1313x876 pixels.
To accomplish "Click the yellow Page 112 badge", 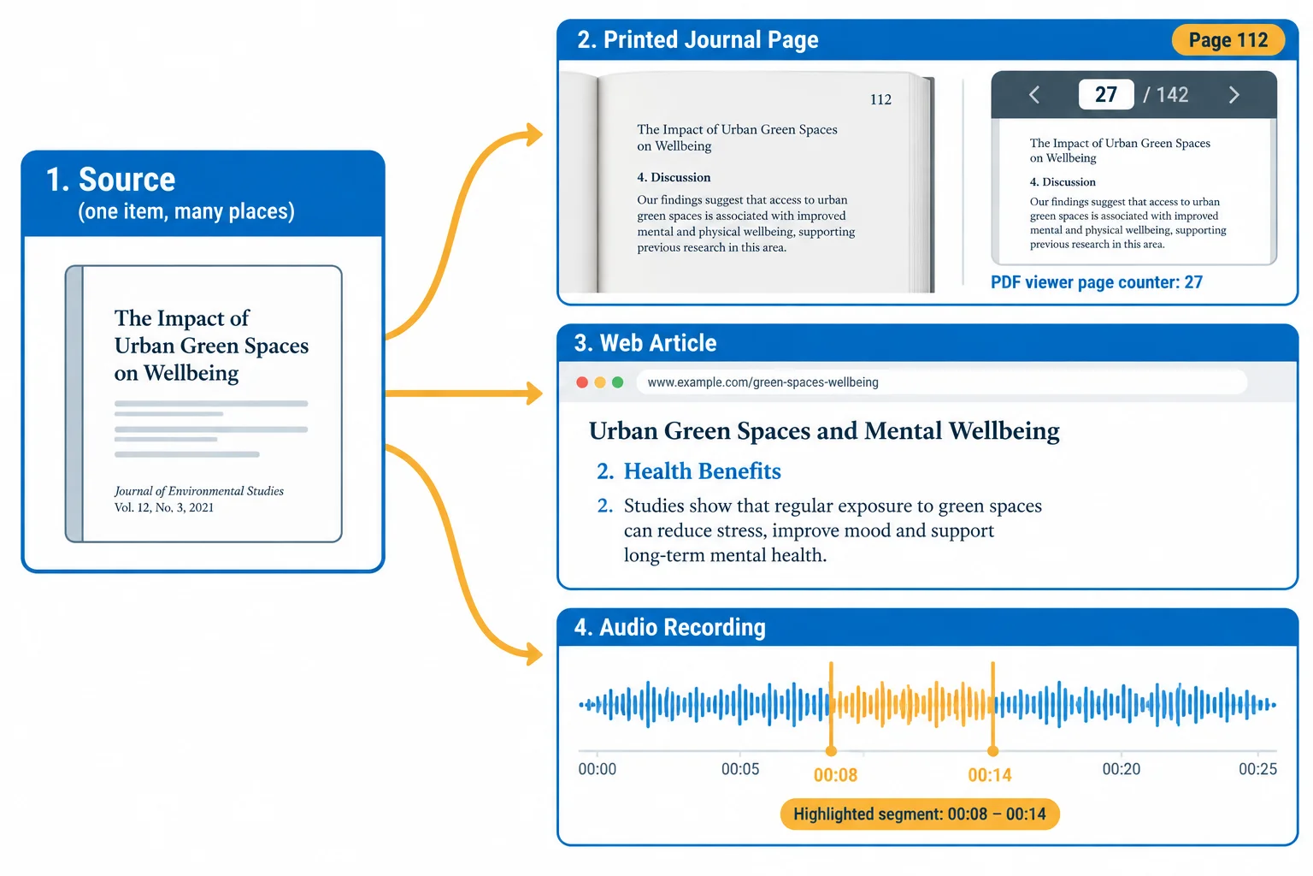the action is pyautogui.click(x=1228, y=40).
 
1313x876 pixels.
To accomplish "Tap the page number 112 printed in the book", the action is pyautogui.click(x=880, y=100).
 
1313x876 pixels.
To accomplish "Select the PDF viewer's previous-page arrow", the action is pyautogui.click(x=1034, y=94).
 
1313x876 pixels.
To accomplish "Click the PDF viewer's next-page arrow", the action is pyautogui.click(x=1234, y=94).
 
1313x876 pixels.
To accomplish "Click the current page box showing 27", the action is pyautogui.click(x=1105, y=94).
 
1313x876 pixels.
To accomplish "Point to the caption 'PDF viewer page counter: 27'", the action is pyautogui.click(x=1096, y=282).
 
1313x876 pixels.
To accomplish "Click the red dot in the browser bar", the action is pyautogui.click(x=582, y=382).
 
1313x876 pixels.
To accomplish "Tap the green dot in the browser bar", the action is pyautogui.click(x=617, y=382).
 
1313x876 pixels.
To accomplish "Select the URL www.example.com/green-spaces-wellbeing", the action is pyautogui.click(x=762, y=382).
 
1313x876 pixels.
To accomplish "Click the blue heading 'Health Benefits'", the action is pyautogui.click(x=702, y=471).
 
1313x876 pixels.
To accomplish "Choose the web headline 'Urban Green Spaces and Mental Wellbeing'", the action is pyautogui.click(x=824, y=431).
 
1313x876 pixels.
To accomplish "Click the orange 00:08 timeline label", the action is pyautogui.click(x=835, y=775).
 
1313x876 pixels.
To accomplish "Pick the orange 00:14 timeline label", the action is pyautogui.click(x=989, y=775).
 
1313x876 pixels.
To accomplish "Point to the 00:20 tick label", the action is pyautogui.click(x=1122, y=768).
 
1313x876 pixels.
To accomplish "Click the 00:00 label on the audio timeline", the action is pyautogui.click(x=598, y=768).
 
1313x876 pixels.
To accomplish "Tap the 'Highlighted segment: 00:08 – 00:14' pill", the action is pyautogui.click(x=920, y=814).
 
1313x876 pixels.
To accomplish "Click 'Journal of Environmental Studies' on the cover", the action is pyautogui.click(x=198, y=491).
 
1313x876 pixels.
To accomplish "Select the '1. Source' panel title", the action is pyautogui.click(x=111, y=180).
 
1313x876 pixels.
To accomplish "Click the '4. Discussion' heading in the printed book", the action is pyautogui.click(x=674, y=177).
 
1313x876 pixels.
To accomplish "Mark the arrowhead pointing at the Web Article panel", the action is pyautogui.click(x=534, y=394).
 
